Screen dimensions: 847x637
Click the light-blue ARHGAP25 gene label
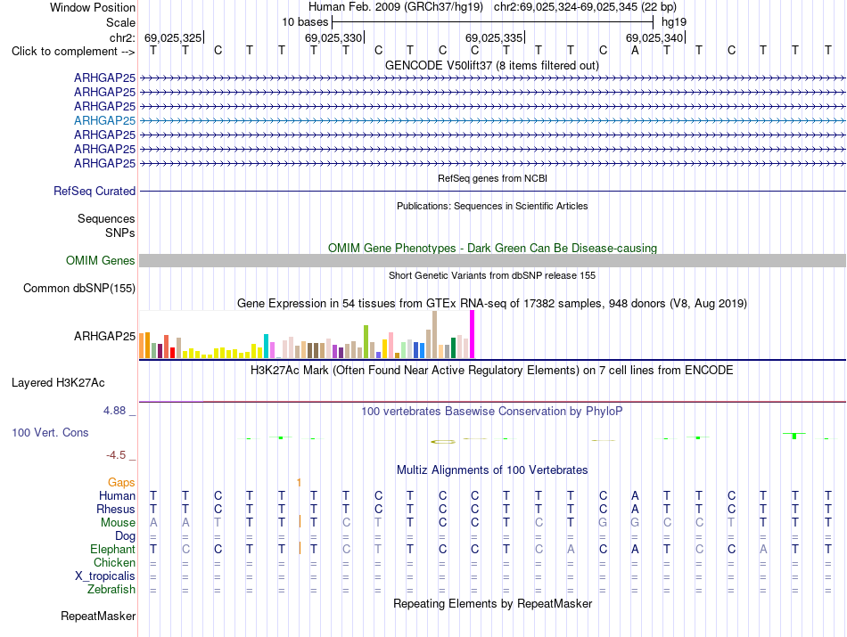point(105,120)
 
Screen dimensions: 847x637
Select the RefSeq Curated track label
point(95,191)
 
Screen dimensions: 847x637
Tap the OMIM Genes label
point(101,260)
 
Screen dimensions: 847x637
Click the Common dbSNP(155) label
point(79,289)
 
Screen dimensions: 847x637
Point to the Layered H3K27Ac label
point(58,383)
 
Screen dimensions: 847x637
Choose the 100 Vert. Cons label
point(50,432)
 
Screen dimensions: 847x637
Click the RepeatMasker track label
point(98,616)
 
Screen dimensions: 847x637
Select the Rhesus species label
point(116,509)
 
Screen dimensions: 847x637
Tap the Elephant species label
point(113,549)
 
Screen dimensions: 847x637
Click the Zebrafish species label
point(111,589)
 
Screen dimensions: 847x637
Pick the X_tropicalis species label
point(105,576)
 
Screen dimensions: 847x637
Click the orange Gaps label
point(121,482)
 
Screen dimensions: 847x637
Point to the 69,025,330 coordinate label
point(333,37)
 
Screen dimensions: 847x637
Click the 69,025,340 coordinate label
point(654,37)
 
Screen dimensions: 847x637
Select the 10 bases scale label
point(305,22)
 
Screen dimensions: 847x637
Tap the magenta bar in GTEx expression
point(473,334)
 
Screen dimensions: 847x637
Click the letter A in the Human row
point(635,495)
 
